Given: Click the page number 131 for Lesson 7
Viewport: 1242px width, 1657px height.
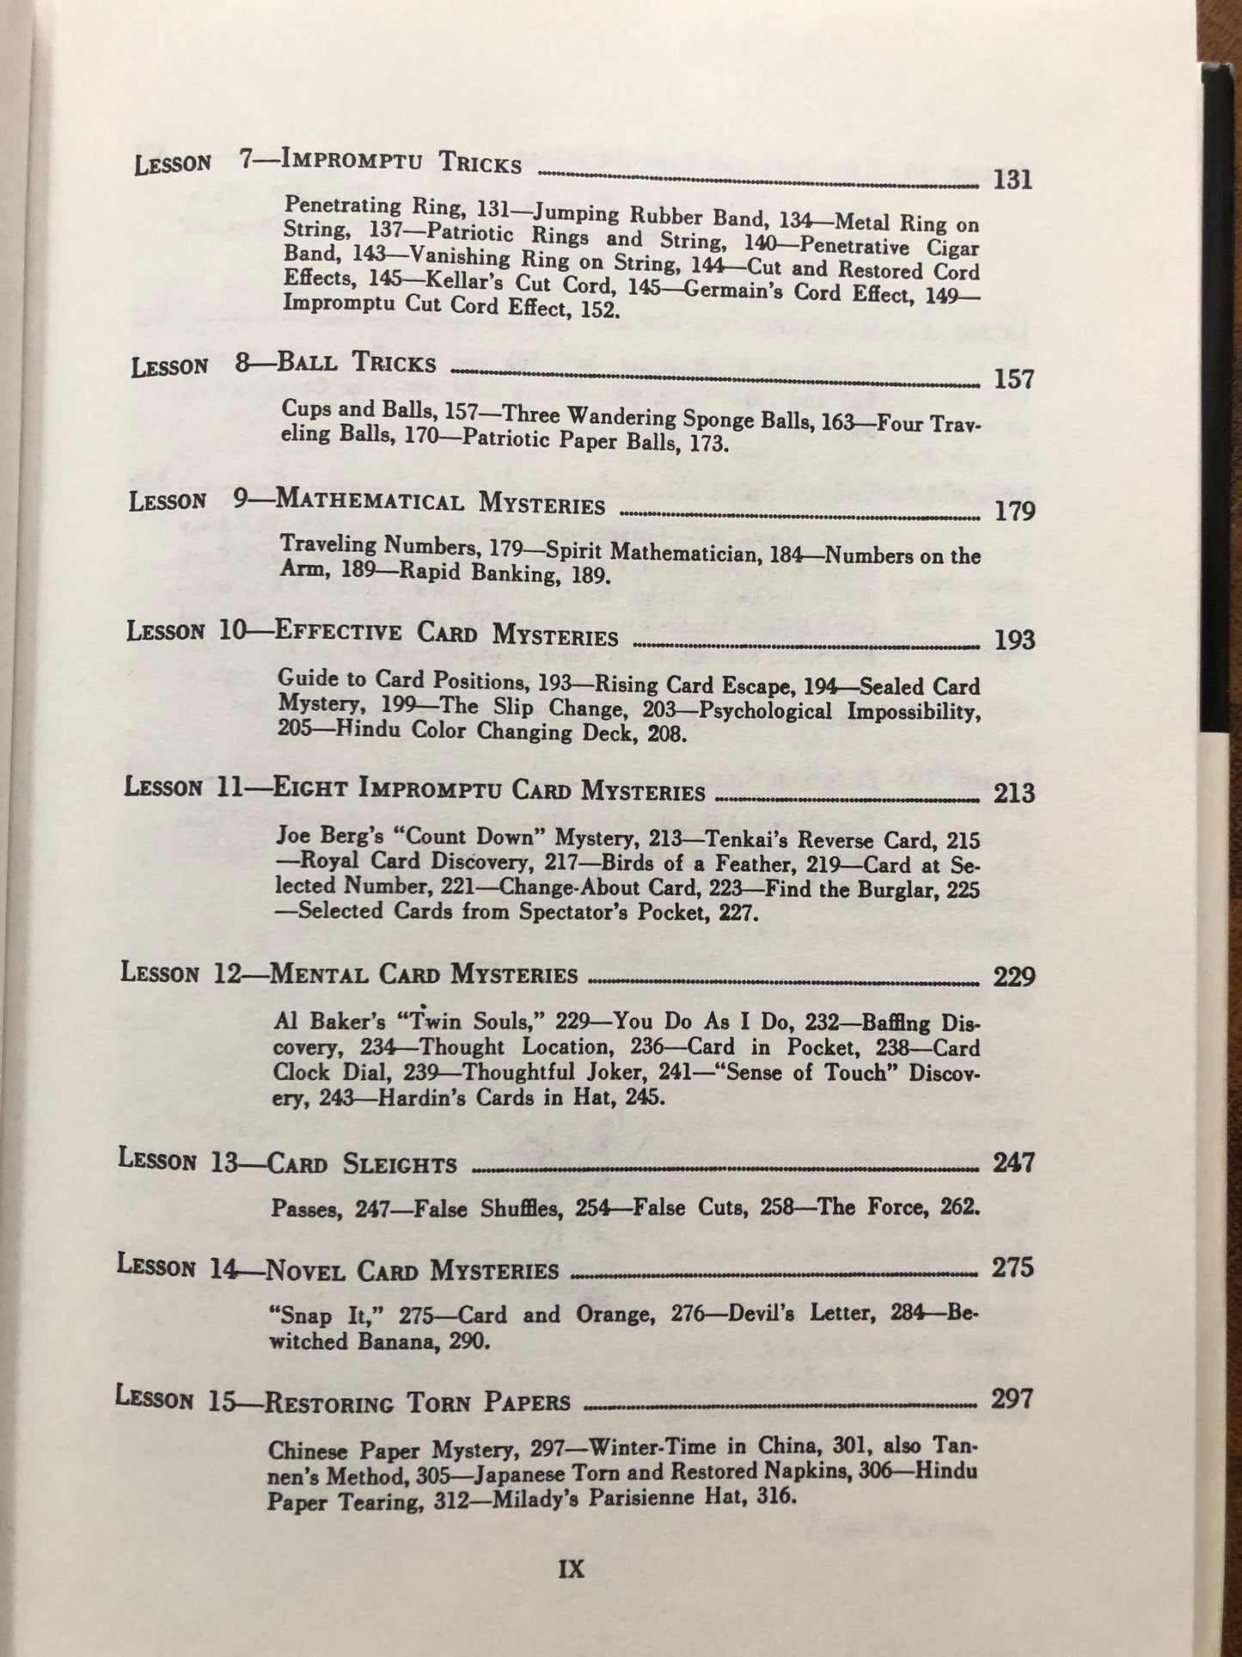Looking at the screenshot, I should pyautogui.click(x=1012, y=181).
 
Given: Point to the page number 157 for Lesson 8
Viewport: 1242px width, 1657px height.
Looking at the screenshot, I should pyautogui.click(x=1013, y=379).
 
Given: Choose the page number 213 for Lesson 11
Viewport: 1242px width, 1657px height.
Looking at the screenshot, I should pyautogui.click(x=1013, y=793).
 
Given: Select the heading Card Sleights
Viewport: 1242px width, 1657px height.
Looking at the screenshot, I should pyautogui.click(x=362, y=1164).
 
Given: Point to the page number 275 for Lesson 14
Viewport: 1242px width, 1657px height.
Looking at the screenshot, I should pyautogui.click(x=1012, y=1268).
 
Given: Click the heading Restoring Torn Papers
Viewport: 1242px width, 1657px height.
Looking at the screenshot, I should pyautogui.click(x=416, y=1402).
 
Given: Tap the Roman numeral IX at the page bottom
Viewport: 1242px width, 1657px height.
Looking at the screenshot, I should pyautogui.click(x=571, y=1569).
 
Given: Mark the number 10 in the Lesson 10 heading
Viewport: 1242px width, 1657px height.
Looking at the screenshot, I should pyautogui.click(x=230, y=630).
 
